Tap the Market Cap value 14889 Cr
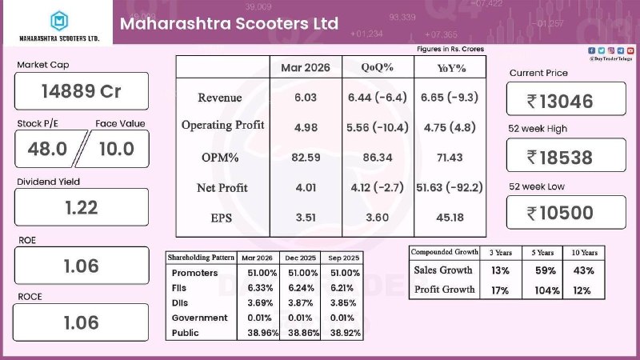point(81,91)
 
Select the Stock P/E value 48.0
point(48,149)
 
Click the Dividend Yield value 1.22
point(81,207)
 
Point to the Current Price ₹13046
point(566,100)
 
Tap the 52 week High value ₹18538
point(566,157)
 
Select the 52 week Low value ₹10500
point(566,212)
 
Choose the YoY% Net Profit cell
point(449,187)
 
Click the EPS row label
point(222,218)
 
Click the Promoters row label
point(194,272)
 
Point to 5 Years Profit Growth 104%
point(546,290)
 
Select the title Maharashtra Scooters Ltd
point(229,23)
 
